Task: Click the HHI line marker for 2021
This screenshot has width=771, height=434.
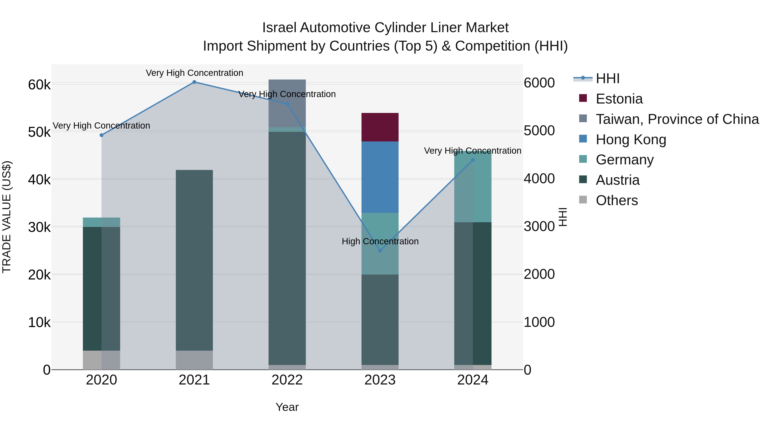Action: pos(194,82)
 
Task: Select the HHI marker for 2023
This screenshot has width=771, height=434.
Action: pos(380,251)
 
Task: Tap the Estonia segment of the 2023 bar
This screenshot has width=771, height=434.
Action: pos(380,127)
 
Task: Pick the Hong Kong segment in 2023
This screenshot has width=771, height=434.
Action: pos(380,177)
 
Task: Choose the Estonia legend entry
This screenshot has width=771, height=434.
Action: pos(619,99)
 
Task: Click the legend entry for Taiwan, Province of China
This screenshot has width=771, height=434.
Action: pos(677,119)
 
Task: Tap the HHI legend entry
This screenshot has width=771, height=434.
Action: pos(608,78)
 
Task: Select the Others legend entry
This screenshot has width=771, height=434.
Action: pos(617,200)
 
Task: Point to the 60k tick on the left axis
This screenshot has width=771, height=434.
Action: pos(39,85)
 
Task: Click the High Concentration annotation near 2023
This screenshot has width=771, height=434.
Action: pos(380,241)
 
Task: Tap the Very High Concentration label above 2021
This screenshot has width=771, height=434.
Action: pos(194,73)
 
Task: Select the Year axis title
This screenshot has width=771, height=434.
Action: pos(287,407)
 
